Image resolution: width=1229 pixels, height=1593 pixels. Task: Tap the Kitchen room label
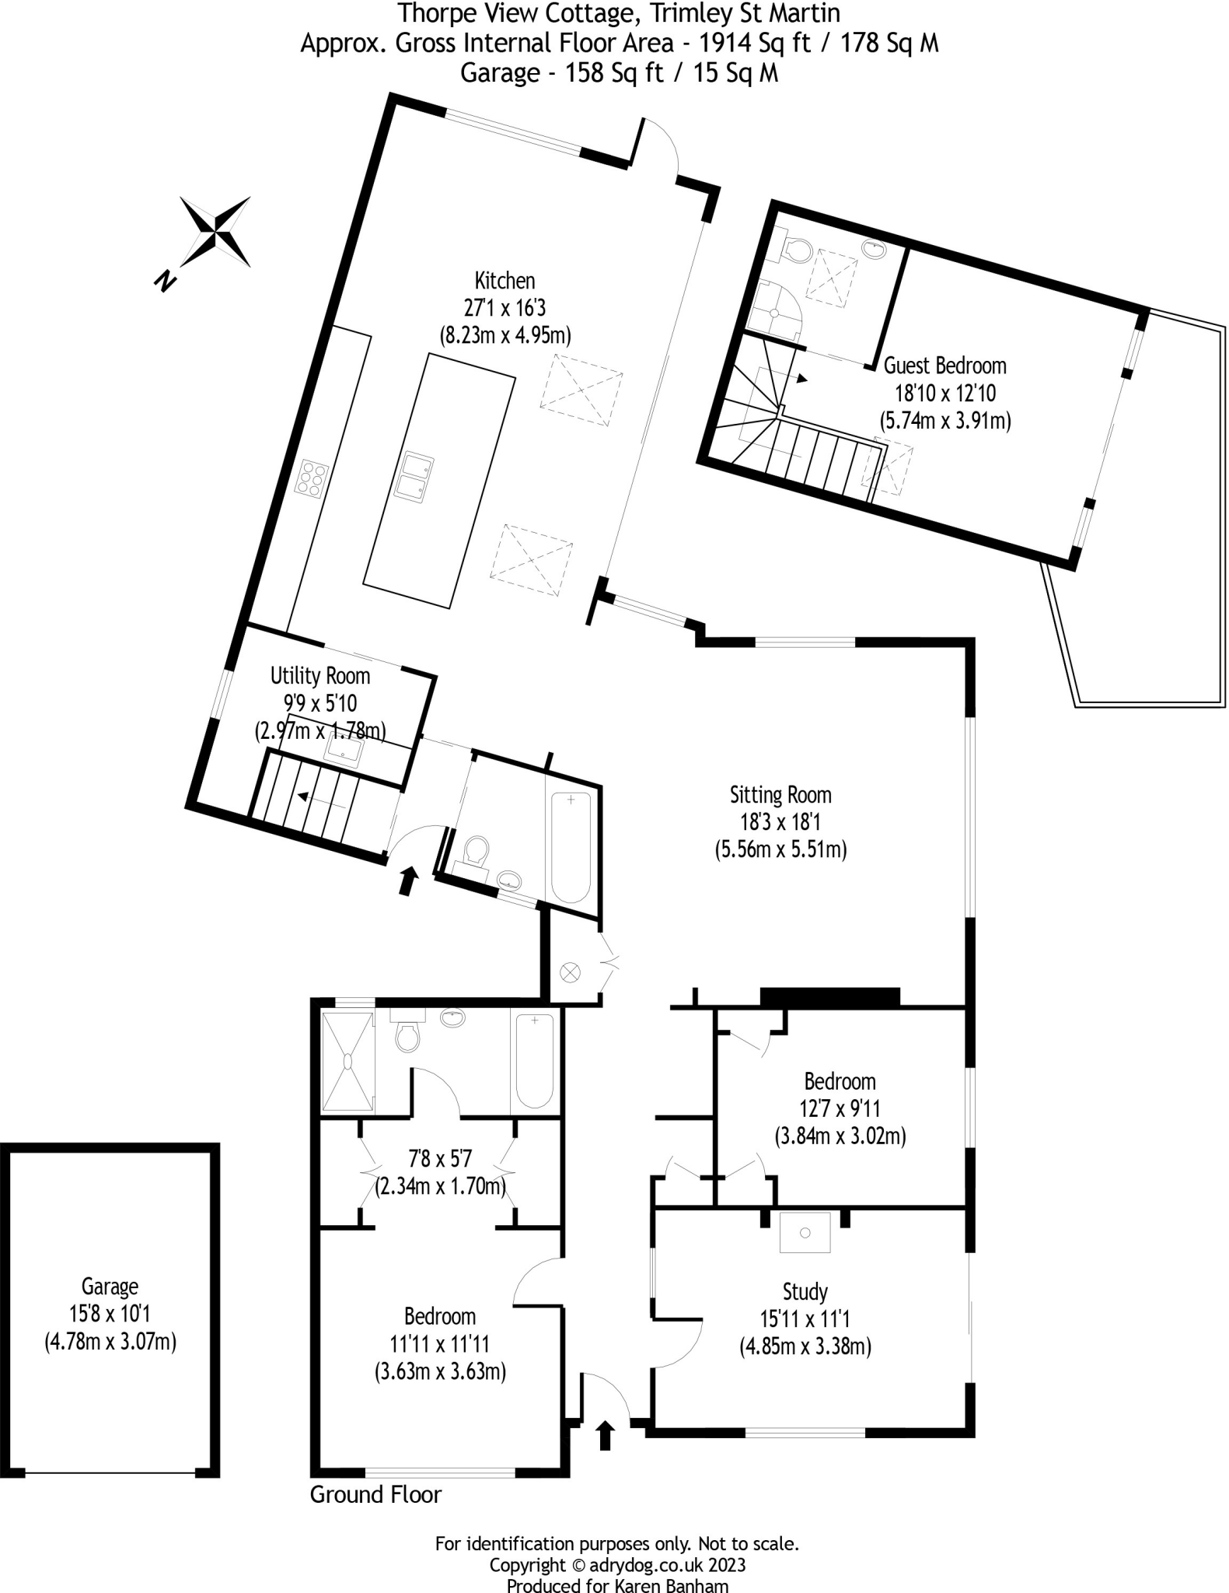(x=505, y=281)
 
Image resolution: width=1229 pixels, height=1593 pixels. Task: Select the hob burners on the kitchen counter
(x=311, y=479)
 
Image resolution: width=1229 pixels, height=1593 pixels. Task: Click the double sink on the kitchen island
(x=413, y=477)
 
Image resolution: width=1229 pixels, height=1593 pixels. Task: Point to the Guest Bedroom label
(x=944, y=366)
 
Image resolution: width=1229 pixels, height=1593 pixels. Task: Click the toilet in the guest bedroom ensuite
(x=796, y=249)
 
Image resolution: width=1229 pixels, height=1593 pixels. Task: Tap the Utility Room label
(x=319, y=675)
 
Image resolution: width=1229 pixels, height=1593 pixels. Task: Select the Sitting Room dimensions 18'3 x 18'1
(x=780, y=822)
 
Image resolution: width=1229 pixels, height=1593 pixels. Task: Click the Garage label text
(x=110, y=1287)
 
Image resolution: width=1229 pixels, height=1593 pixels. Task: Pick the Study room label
(x=805, y=1292)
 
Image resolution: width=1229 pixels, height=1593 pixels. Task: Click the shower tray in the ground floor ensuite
(x=347, y=1062)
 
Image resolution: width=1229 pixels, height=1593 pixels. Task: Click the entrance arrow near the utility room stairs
(x=407, y=881)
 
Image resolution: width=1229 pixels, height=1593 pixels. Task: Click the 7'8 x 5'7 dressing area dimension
(x=440, y=1159)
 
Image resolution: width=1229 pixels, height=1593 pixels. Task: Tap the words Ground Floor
(x=375, y=1494)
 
